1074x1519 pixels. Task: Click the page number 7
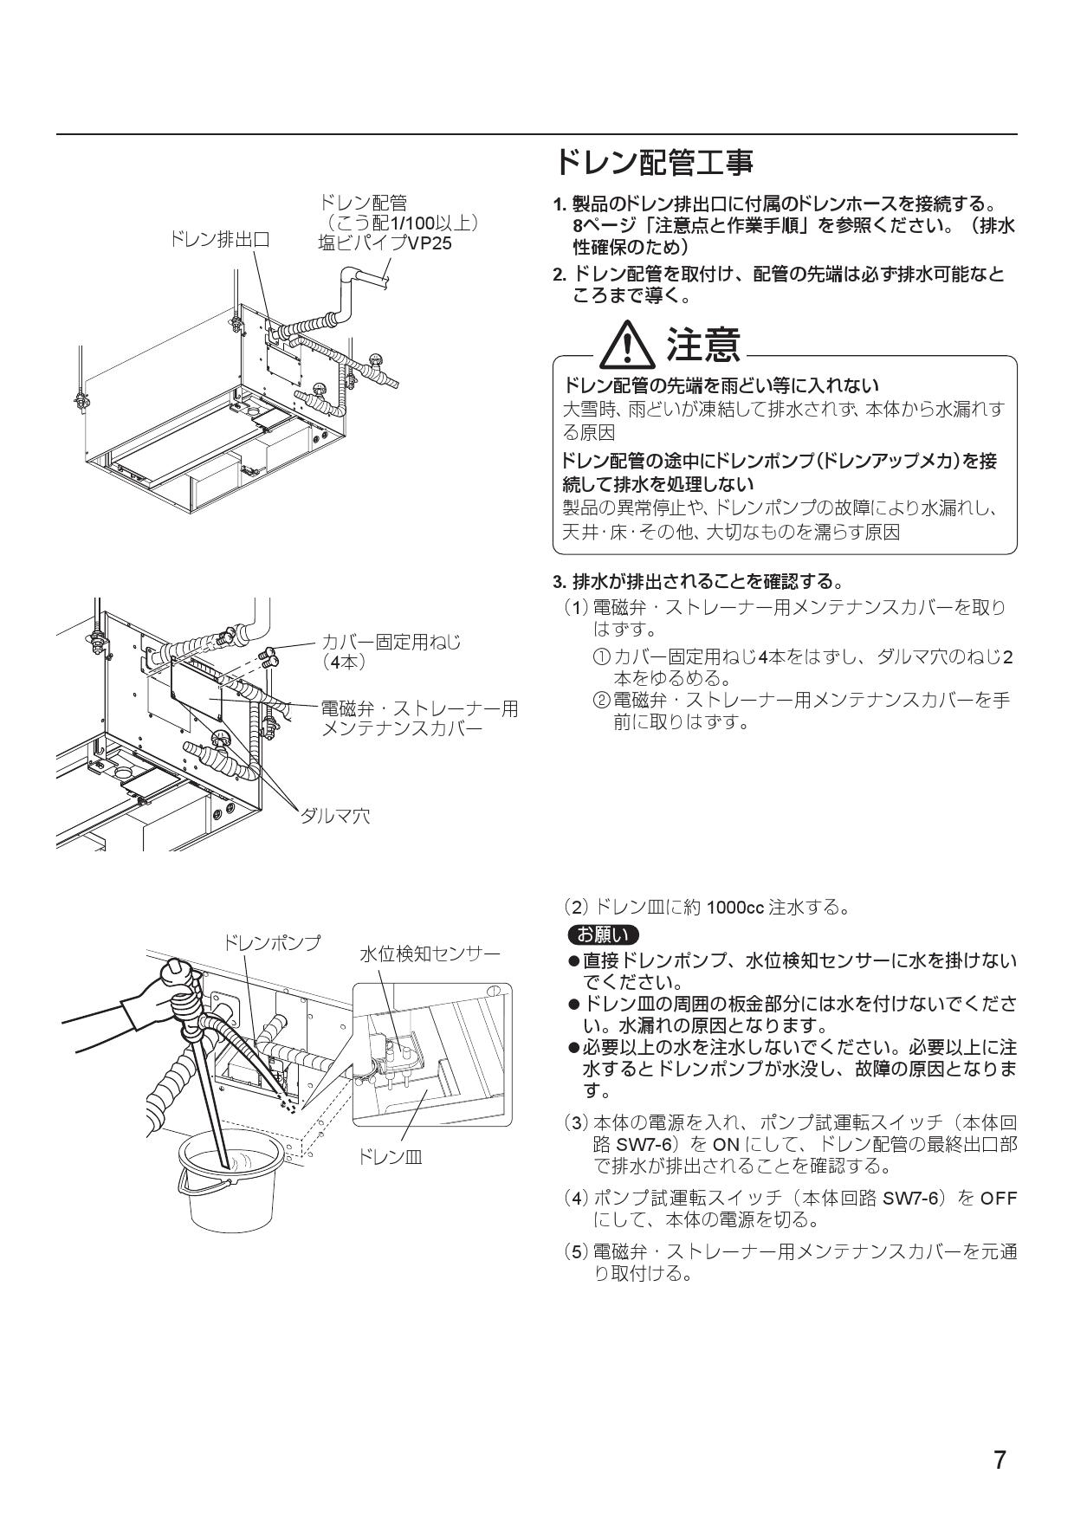coord(1000,1461)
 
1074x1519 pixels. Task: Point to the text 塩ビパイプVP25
coord(385,243)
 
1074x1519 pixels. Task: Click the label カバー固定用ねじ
coord(391,642)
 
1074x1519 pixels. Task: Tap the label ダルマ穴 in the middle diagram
coord(335,815)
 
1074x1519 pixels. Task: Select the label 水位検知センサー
coord(430,953)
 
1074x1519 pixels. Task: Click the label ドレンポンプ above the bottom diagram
coord(272,942)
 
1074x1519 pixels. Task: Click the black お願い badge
coord(602,935)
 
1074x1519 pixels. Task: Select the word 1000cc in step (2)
coord(734,908)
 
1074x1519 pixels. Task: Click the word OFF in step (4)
coord(999,1199)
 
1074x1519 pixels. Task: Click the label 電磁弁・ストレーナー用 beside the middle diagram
coord(419,709)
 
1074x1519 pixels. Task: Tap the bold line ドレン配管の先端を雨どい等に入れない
coord(721,385)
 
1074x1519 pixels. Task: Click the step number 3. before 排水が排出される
coord(560,580)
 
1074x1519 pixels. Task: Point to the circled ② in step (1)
coord(600,700)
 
